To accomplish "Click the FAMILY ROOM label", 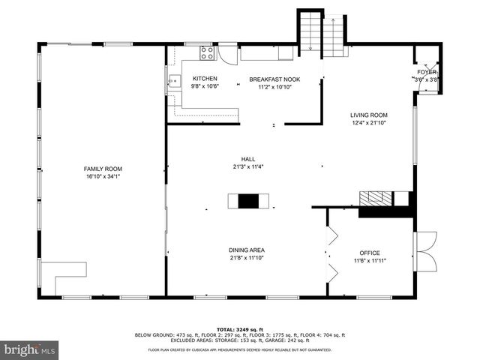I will [103, 169].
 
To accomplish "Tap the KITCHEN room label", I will [205, 79].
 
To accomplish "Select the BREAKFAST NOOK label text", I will [274, 79].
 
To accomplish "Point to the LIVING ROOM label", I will [369, 115].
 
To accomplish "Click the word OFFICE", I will [369, 253].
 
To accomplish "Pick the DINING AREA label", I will [247, 250].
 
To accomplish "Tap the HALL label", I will [247, 158].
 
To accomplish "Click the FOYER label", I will [427, 72].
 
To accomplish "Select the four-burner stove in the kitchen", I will [205, 53].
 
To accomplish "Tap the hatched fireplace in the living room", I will [374, 199].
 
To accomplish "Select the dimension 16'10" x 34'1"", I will [103, 177].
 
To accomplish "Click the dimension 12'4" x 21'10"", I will [369, 123].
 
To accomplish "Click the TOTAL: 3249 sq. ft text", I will [239, 329].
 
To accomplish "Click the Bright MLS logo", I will [30, 349].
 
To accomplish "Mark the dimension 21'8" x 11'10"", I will [247, 258].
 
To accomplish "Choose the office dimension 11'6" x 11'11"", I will [369, 261].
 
